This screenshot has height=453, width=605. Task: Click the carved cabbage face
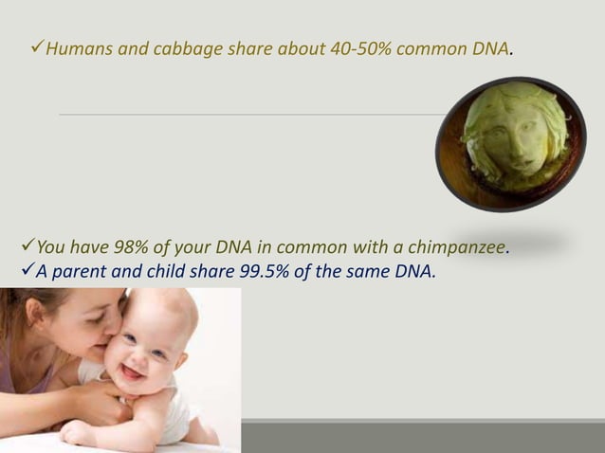pos(512,142)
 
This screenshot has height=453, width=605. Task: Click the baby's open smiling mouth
pos(133,371)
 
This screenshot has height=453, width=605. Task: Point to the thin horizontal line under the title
pos(237,115)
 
